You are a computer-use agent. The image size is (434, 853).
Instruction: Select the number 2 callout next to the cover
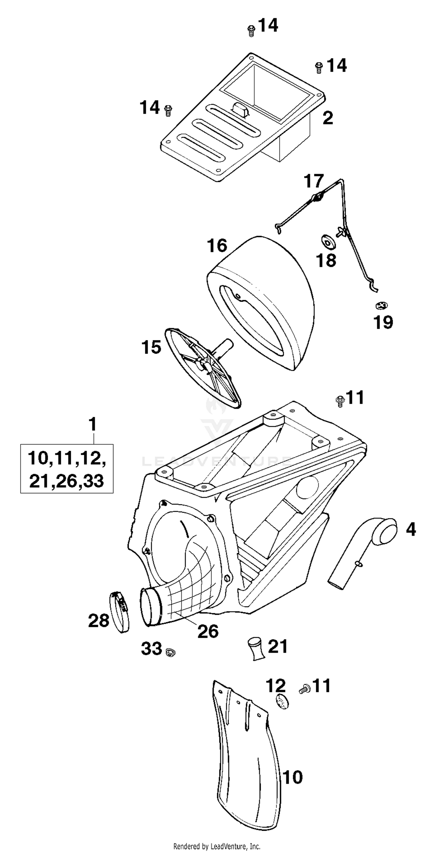pos(328,118)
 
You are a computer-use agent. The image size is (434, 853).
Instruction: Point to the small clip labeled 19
pos(382,305)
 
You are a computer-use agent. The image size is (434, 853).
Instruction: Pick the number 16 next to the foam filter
pos(217,246)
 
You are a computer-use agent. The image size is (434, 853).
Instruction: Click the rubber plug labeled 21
pos(255,650)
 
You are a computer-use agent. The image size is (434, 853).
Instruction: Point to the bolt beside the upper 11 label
pos(340,401)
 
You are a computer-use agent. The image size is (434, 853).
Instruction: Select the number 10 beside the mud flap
pos(292,777)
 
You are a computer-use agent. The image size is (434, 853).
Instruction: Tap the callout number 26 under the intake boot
pos(208,631)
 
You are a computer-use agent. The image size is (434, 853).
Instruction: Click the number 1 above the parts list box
pos(93,424)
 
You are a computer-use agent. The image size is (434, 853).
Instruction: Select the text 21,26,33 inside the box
pos(67,481)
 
